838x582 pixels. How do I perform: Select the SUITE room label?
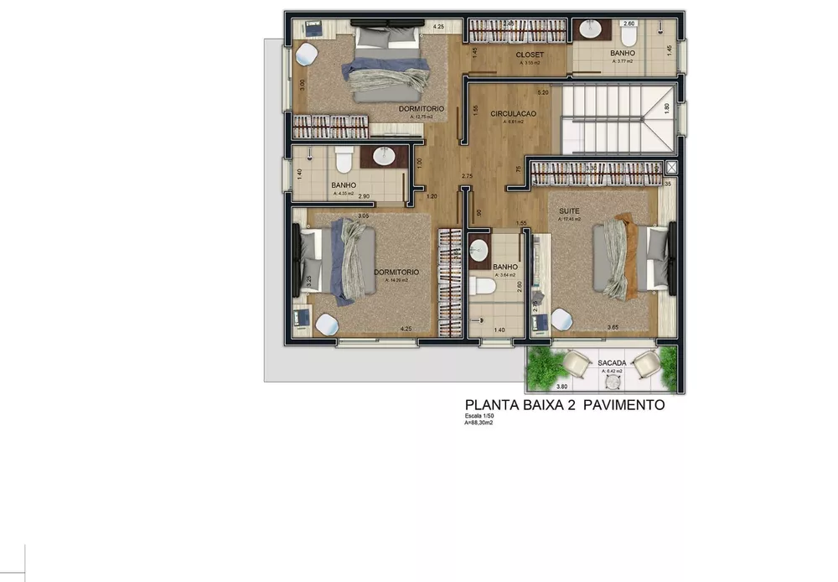click(570, 211)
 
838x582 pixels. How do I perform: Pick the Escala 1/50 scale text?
click(482, 417)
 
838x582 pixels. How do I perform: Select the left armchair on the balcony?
click(576, 363)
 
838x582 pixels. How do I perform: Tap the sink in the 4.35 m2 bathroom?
click(383, 157)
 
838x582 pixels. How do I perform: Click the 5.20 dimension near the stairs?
click(543, 92)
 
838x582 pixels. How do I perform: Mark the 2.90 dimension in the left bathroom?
click(365, 196)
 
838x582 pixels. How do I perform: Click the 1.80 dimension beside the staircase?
click(666, 107)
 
